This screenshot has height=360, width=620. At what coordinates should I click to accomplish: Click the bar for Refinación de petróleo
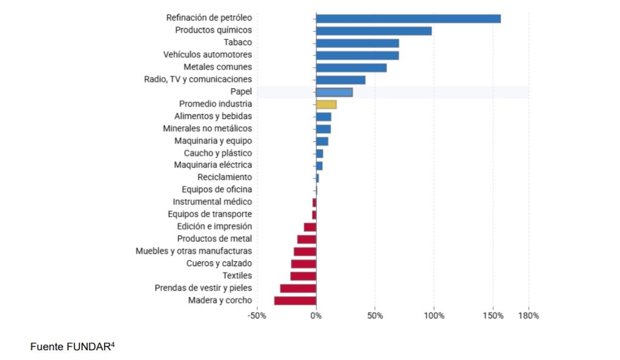(x=408, y=18)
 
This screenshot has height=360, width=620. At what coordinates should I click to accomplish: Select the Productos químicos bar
(x=374, y=30)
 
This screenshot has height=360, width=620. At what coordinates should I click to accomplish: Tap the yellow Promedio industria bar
(x=326, y=104)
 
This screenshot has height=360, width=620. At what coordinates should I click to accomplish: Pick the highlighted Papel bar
(x=334, y=92)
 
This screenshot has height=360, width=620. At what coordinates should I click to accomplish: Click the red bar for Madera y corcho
(x=295, y=301)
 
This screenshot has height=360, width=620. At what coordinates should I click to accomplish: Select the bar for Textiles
(x=303, y=276)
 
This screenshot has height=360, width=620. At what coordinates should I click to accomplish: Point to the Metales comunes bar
(x=351, y=67)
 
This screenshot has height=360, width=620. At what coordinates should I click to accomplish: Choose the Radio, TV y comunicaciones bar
(x=340, y=79)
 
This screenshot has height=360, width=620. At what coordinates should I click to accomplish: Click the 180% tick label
(x=529, y=316)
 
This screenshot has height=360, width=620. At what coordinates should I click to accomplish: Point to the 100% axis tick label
(x=434, y=316)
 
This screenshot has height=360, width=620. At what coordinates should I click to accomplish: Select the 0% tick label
(x=316, y=316)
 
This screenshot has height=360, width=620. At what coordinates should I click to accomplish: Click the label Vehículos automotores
(x=208, y=55)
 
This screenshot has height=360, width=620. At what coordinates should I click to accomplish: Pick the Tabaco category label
(x=237, y=42)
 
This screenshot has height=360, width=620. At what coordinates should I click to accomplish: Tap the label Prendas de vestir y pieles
(x=203, y=288)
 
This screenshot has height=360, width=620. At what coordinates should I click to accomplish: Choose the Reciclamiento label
(x=225, y=177)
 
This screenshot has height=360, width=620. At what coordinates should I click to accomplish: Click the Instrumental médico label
(x=213, y=201)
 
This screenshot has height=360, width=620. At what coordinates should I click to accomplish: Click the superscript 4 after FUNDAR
(x=113, y=345)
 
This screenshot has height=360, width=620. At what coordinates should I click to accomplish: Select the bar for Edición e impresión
(x=310, y=227)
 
